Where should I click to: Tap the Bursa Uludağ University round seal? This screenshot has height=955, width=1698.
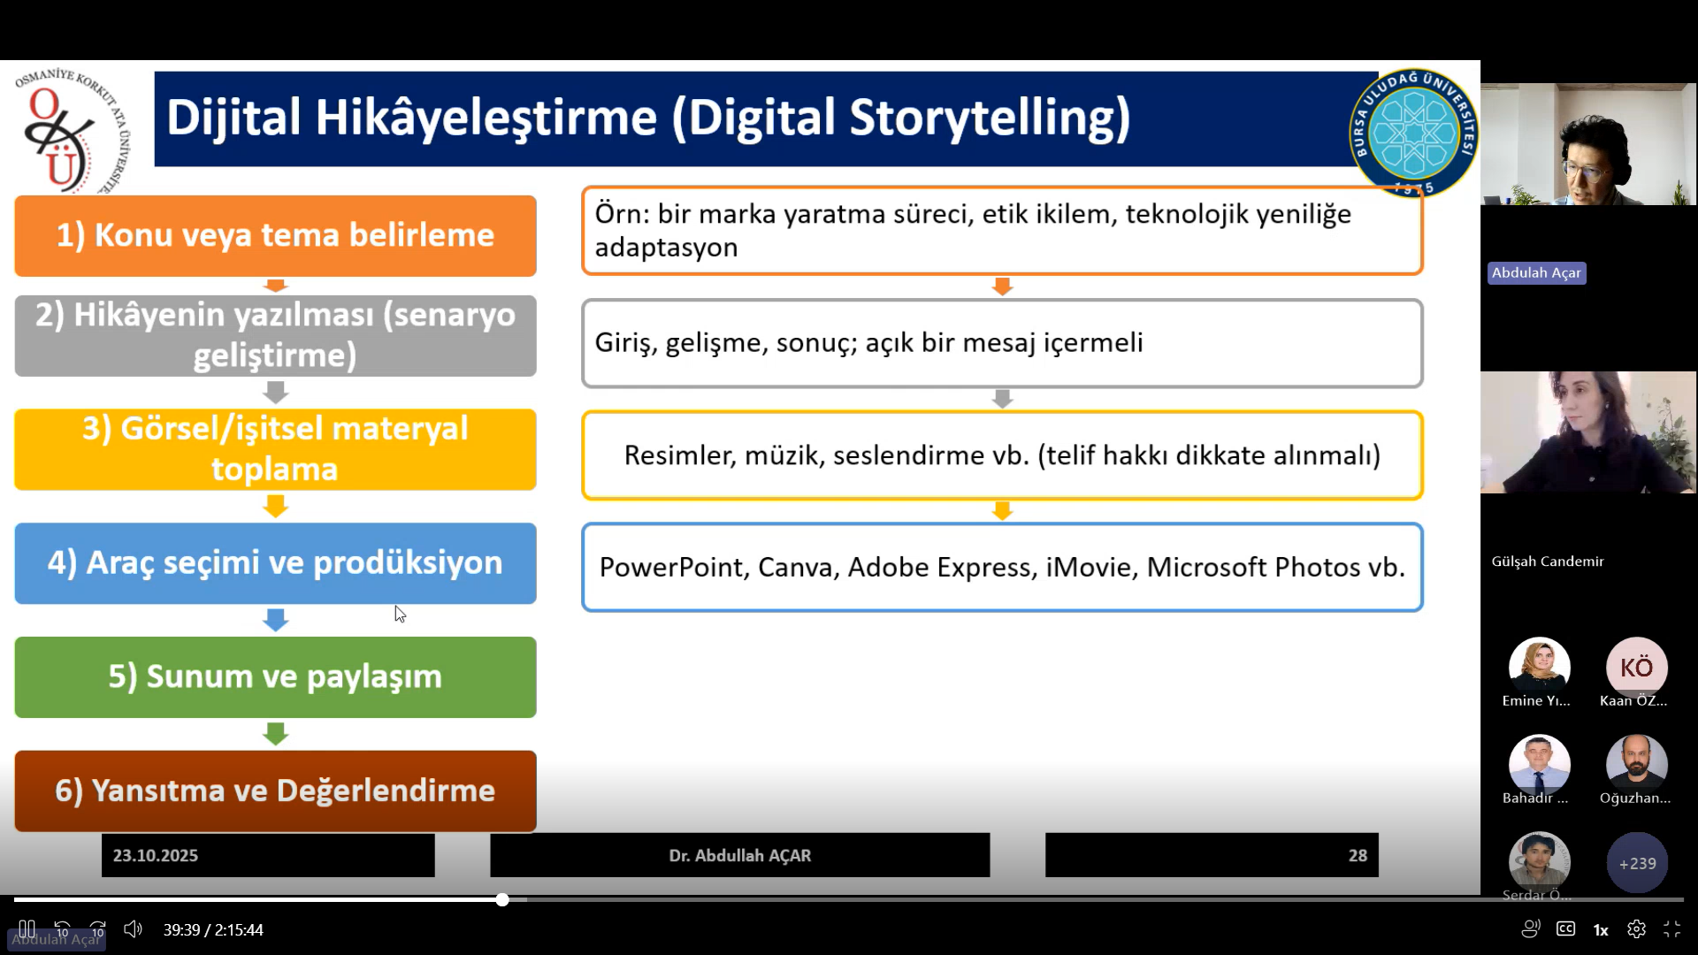pyautogui.click(x=1413, y=133)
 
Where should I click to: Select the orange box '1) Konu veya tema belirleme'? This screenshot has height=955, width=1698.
pyautogui.click(x=275, y=235)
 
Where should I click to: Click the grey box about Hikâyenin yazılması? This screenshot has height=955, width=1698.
pyautogui.click(x=275, y=336)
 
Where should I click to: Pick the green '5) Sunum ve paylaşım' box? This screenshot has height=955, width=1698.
pyautogui.click(x=275, y=676)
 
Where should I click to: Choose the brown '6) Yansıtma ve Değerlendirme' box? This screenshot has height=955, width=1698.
pyautogui.click(x=275, y=791)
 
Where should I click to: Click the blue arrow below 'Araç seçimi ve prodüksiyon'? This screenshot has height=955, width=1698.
pyautogui.click(x=276, y=620)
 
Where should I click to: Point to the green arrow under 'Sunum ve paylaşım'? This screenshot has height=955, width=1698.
pyautogui.click(x=276, y=734)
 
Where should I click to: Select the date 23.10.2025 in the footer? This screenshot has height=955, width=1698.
pyautogui.click(x=156, y=855)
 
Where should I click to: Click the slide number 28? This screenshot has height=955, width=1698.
pyautogui.click(x=1358, y=855)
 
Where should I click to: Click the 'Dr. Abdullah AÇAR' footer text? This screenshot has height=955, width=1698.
pyautogui.click(x=740, y=855)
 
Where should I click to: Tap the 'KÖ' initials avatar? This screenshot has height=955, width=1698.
pyautogui.click(x=1636, y=668)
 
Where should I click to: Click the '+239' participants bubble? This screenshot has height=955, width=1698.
pyautogui.click(x=1637, y=863)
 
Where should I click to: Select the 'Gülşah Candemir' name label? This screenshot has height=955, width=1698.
pyautogui.click(x=1548, y=562)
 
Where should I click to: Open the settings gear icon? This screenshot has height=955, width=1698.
pyautogui.click(x=1636, y=929)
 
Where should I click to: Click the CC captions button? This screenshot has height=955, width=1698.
pyautogui.click(x=1565, y=929)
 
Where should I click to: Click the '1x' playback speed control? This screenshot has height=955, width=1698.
pyautogui.click(x=1601, y=930)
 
